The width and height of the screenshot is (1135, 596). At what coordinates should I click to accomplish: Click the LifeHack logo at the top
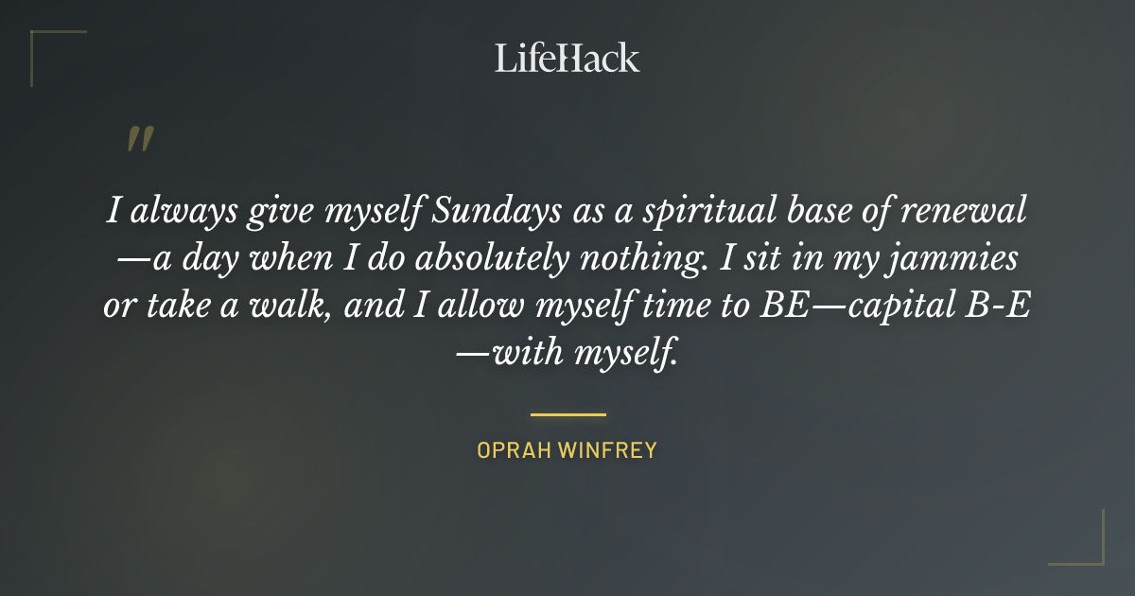(567, 58)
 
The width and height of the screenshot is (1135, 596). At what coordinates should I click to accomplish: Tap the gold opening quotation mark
(140, 139)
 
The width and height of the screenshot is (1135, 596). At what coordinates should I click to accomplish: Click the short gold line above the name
(567, 414)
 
